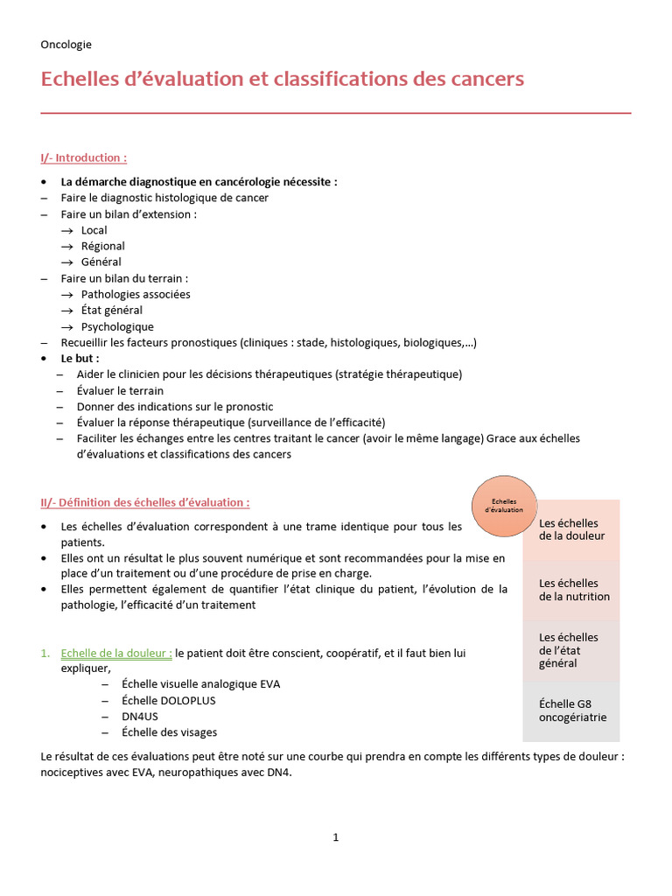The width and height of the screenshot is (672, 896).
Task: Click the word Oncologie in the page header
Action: [x=66, y=44]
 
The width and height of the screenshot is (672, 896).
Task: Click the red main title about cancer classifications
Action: [x=282, y=79]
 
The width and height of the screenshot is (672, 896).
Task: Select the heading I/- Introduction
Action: [x=84, y=157]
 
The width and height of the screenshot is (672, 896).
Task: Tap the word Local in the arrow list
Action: [x=94, y=230]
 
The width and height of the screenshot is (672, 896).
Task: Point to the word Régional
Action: [x=103, y=246]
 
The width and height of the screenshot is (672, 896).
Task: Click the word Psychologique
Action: [x=117, y=326]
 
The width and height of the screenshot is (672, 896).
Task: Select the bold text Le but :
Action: [x=80, y=358]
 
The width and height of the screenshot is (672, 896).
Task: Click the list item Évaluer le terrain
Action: [x=120, y=390]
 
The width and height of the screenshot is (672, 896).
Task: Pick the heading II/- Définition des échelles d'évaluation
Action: [x=145, y=502]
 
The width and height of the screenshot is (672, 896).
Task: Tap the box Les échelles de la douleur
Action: [x=571, y=529]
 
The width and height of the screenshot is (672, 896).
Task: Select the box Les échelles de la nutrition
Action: [x=571, y=590]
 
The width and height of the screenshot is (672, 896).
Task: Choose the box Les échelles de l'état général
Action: [x=571, y=650]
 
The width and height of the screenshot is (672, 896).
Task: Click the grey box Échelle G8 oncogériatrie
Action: [x=571, y=710]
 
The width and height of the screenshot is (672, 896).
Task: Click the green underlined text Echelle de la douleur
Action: [x=116, y=653]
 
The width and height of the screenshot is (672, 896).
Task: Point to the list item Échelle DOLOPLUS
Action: [x=169, y=700]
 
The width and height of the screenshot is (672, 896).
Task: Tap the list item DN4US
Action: [x=141, y=716]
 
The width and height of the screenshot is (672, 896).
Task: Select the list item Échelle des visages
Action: [x=170, y=732]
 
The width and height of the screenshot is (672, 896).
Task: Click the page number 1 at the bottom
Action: [x=336, y=837]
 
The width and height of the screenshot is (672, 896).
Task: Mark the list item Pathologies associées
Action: [x=136, y=294]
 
